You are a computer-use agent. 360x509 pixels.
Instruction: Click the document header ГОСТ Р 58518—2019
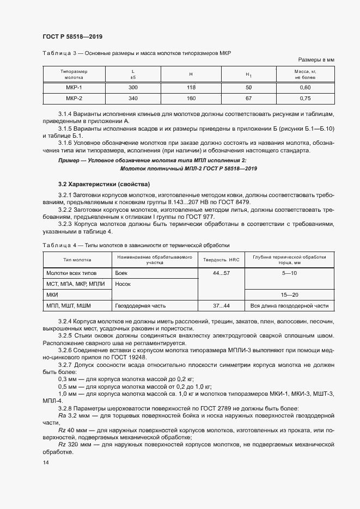[72, 36]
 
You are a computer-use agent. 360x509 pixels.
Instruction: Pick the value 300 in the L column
[133, 88]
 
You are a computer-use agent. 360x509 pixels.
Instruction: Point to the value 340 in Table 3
[133, 99]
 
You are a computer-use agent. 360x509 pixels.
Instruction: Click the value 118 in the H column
[191, 88]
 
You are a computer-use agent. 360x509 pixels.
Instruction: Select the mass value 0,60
[305, 88]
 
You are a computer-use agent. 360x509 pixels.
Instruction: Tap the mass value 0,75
[305, 99]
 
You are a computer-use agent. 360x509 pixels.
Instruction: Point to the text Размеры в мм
[316, 59]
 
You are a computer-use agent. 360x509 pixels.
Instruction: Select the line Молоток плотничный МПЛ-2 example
[188, 169]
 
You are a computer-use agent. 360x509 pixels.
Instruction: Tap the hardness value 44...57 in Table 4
[221, 272]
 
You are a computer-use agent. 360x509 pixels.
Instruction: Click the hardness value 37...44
[221, 306]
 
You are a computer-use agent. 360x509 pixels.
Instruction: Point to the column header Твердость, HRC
[221, 259]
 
